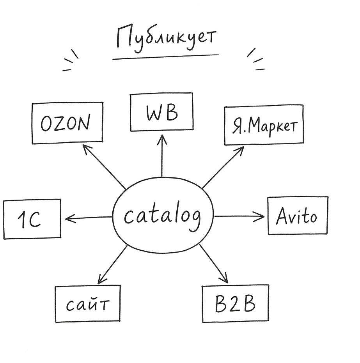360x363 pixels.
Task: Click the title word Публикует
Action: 166,39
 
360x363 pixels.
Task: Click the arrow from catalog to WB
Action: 162,156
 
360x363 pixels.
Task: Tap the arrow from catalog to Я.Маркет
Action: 223,167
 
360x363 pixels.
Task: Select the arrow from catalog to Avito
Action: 239,216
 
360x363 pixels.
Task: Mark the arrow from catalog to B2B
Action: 213,264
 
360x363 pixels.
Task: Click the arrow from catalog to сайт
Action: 112,265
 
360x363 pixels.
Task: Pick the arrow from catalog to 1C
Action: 89,218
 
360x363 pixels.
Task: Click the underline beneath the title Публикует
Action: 165,57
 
